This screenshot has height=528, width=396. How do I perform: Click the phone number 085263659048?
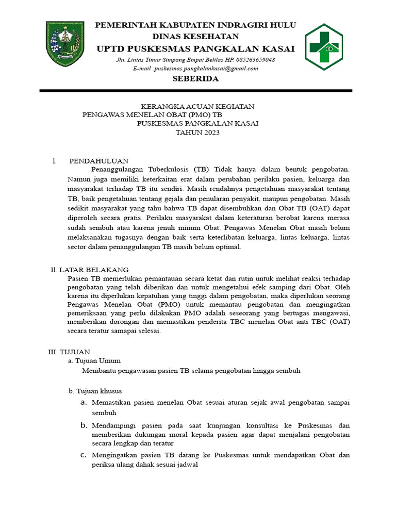[250, 60]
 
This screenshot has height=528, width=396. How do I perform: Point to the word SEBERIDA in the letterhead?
[195, 79]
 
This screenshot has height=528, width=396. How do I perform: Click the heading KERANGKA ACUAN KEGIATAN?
[197, 106]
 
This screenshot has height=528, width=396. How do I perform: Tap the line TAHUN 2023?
[197, 133]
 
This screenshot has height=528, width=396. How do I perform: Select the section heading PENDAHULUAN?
[99, 161]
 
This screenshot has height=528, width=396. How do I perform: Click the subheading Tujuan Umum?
[97, 360]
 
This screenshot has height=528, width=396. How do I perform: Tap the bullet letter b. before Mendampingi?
[84, 425]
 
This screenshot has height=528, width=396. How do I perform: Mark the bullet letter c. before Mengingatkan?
[83, 455]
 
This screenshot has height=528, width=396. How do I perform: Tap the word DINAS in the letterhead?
[168, 36]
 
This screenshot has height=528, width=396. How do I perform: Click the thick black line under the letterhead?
[196, 91]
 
